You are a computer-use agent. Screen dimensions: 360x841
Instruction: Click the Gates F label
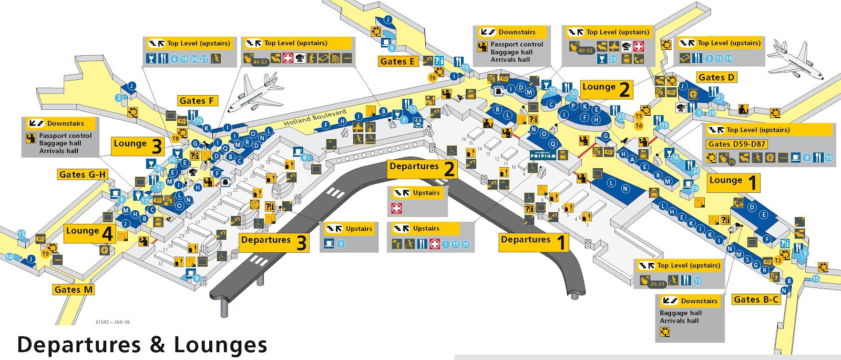[x=197, y=100]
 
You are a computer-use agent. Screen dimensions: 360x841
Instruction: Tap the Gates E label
[x=397, y=61]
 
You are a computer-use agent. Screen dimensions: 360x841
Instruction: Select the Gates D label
[x=716, y=77]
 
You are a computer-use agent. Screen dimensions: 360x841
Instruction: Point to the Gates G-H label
[x=83, y=174]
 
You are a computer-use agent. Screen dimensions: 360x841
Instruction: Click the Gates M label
[x=74, y=289]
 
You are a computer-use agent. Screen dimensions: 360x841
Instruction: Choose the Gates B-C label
[x=756, y=299]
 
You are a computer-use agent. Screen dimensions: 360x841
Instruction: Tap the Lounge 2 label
[x=606, y=88]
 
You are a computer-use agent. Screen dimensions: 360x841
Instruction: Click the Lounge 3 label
[x=138, y=145]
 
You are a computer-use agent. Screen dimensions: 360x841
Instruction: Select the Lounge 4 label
[x=89, y=232]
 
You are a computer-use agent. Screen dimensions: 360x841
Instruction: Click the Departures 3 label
[x=273, y=242]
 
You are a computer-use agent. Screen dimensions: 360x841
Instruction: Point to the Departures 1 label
[x=533, y=241]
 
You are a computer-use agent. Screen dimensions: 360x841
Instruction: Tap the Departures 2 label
[x=422, y=168]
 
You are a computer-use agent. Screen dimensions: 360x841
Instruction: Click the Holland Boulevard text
[x=315, y=118]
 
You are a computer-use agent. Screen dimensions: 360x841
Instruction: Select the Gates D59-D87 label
[x=737, y=144]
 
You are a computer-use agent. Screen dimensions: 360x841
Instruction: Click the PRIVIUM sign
[x=542, y=156]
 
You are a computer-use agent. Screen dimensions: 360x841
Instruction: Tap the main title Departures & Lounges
[x=142, y=344]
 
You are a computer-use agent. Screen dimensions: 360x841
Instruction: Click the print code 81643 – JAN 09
[x=112, y=322]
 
